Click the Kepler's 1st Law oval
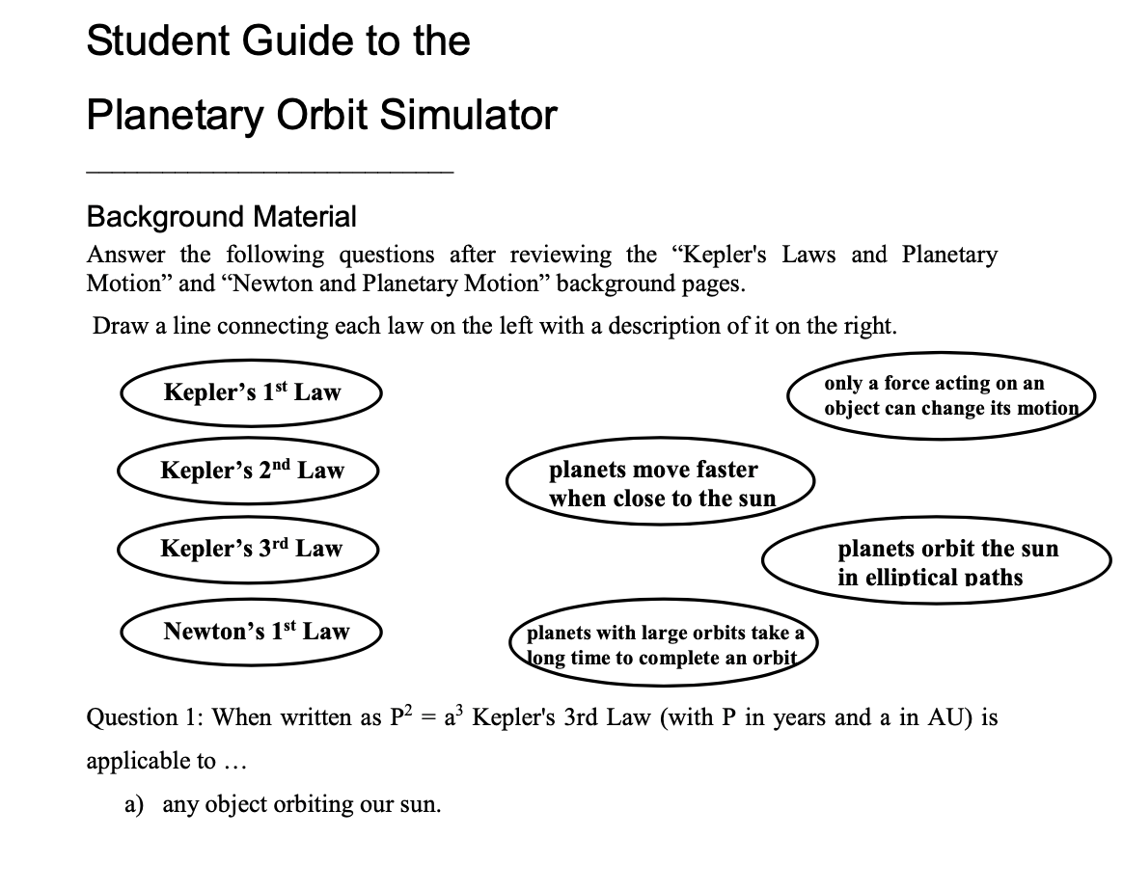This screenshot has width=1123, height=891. pos(252,392)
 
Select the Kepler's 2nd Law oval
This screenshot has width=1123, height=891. pos(252,471)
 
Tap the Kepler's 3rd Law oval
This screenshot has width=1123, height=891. pos(251,549)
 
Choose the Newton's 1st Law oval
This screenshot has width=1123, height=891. pos(256,632)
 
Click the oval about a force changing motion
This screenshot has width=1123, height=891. pos(942,395)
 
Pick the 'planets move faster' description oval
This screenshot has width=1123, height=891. pos(661,483)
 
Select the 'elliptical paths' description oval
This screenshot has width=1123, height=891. pos(936,563)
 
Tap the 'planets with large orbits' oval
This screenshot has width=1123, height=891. pos(664,645)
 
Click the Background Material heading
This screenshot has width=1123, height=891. pos(221,216)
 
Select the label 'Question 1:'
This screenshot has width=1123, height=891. pos(144,717)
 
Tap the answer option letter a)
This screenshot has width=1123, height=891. pos(137,804)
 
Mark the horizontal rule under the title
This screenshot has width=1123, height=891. pos(269,172)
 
